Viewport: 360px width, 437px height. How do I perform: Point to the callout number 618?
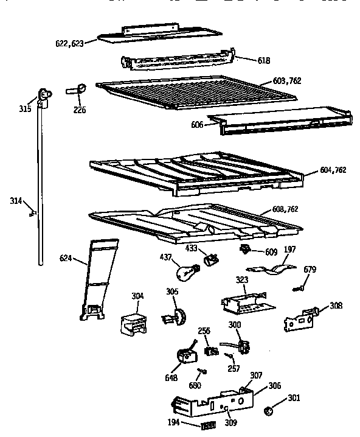pos(247,61)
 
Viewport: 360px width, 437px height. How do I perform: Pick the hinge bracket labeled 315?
pos(43,96)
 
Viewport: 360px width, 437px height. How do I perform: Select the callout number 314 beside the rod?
pos(17,200)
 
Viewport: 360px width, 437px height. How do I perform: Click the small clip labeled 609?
pos(246,250)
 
